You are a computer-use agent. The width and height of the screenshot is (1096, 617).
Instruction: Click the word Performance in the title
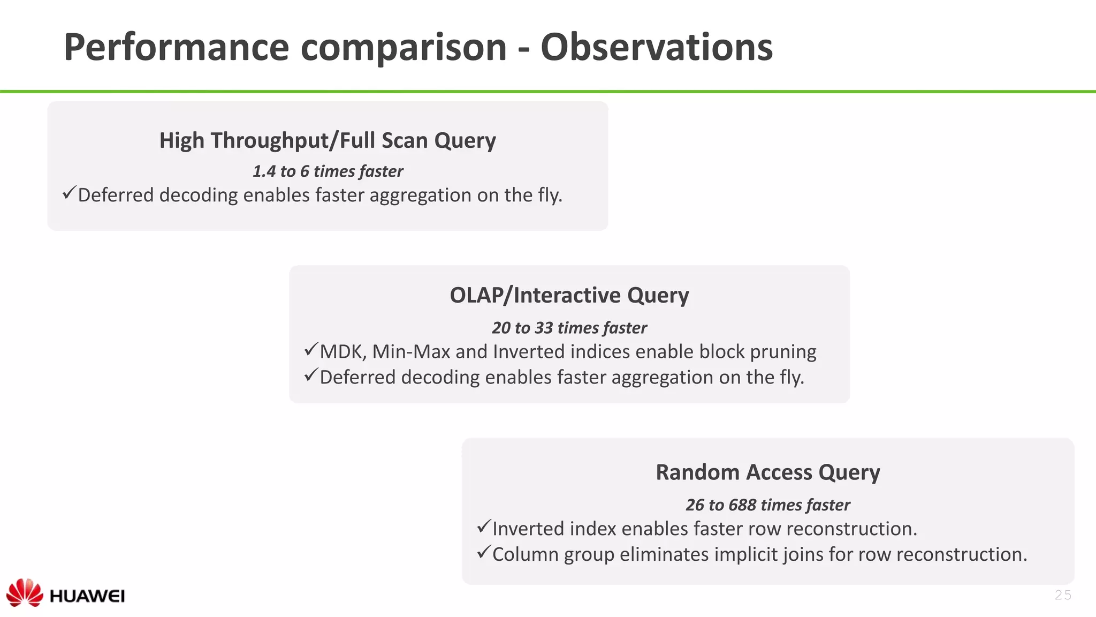coord(177,47)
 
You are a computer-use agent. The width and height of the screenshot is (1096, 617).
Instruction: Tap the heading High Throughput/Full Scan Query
coord(328,140)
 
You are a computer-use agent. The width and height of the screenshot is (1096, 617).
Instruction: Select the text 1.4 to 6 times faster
coord(328,171)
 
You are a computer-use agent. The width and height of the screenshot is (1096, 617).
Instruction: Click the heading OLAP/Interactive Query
coord(569,295)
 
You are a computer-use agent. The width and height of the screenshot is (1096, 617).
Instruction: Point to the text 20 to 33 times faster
coord(569,328)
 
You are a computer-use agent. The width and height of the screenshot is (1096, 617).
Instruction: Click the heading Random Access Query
coord(767,472)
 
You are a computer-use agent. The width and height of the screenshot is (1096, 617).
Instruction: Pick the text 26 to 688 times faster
coord(767,505)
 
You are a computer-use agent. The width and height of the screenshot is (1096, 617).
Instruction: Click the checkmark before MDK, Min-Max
coord(311,350)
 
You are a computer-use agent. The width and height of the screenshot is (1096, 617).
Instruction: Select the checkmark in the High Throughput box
coord(69,193)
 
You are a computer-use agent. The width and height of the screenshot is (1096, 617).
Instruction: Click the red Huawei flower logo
coord(25,592)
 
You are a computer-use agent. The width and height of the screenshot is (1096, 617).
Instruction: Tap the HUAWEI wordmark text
coord(87,596)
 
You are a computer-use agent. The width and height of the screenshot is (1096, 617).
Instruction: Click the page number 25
coord(1063,595)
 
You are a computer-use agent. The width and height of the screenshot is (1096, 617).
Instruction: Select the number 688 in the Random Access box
coord(742,505)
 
